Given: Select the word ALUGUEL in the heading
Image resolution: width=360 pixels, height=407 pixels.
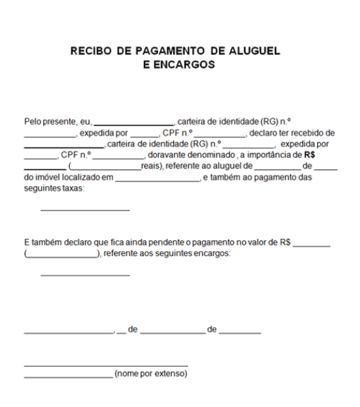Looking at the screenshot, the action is [261, 52].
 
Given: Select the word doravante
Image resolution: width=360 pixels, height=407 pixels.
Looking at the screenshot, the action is [166, 155].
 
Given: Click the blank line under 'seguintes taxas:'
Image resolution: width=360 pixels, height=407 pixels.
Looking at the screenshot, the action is [85, 210].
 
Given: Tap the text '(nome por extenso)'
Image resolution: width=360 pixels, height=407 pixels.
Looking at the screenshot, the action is [150, 374].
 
